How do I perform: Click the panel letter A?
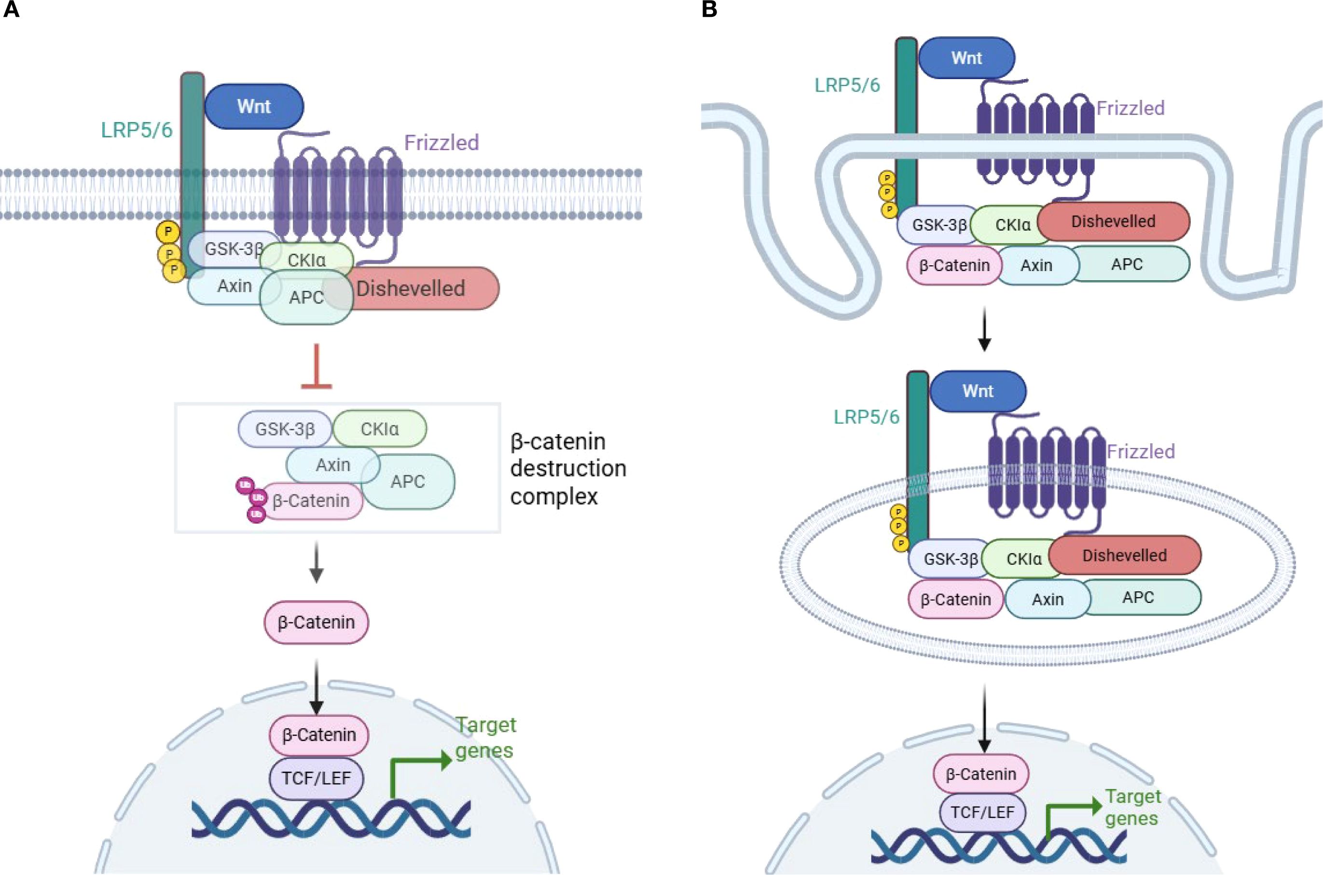pos(11,10)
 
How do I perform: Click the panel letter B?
pos(709,10)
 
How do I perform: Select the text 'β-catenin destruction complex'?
pos(568,469)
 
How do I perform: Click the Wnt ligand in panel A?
pos(254,107)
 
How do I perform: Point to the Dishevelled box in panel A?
pos(419,288)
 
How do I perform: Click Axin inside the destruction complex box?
pos(333,465)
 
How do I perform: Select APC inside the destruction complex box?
pos(408,481)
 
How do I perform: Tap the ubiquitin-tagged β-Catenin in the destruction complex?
pos(311,501)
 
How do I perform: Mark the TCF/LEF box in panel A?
pos(316,778)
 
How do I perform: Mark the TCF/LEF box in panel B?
pos(982,812)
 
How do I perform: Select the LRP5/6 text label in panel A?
pos(136,130)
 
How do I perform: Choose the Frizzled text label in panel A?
pos(441,143)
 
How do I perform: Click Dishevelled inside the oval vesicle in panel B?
pos(1124,555)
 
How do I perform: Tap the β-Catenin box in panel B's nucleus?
pos(981,774)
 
